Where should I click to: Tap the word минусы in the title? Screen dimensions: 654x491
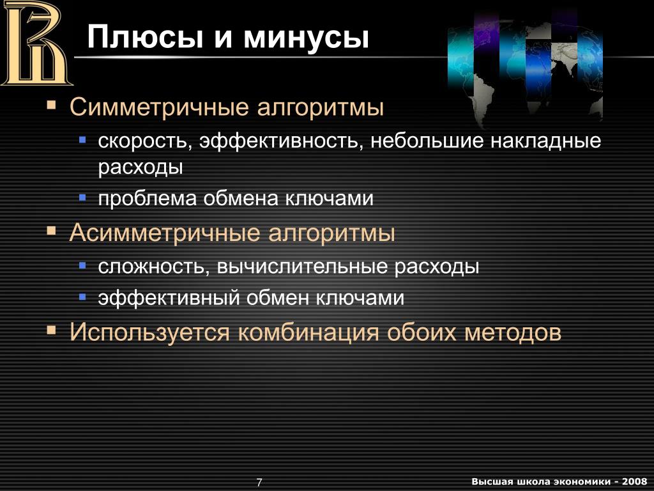tap(306, 38)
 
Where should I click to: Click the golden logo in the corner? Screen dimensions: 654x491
tap(36, 43)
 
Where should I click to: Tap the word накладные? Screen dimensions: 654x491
tap(546, 141)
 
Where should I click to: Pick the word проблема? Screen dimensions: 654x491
tap(148, 199)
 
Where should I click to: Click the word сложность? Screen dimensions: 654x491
tap(154, 267)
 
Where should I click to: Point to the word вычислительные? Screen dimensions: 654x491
tap(302, 267)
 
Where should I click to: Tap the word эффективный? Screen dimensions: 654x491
tap(169, 299)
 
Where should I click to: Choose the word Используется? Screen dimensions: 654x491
tap(149, 332)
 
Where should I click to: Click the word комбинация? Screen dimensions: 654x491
tap(308, 332)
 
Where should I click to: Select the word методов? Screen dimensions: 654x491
tap(513, 332)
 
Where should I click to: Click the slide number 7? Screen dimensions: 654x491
tap(259, 482)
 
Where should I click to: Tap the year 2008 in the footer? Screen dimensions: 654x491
tap(634, 481)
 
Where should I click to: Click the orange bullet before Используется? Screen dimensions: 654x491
tap(51, 331)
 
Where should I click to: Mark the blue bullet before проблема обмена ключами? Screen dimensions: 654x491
tap(82, 197)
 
